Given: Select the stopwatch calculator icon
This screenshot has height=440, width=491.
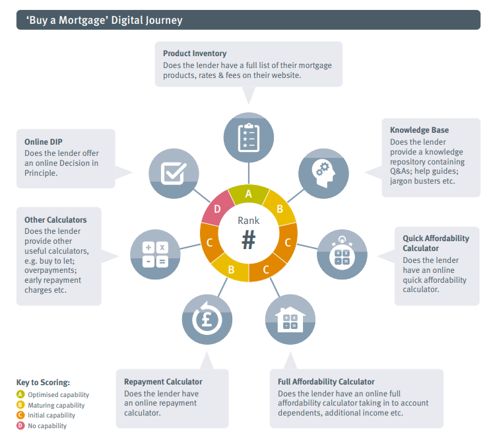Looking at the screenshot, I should [x=342, y=254].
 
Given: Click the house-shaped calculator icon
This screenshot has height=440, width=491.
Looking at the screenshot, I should [x=290, y=318].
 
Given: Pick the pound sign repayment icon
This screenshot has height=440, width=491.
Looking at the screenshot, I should [x=207, y=318].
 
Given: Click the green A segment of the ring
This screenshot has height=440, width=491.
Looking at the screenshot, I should [x=249, y=194].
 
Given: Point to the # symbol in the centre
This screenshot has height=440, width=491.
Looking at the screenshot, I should [x=248, y=240].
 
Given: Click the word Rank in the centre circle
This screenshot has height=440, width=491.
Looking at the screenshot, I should [x=249, y=221].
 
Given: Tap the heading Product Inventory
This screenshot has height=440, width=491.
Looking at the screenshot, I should [x=195, y=54].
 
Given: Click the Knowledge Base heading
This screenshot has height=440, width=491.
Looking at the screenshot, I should [x=419, y=130].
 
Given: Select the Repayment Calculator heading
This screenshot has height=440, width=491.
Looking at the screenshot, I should [x=163, y=382].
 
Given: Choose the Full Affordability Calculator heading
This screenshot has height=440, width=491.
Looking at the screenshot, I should [x=326, y=382].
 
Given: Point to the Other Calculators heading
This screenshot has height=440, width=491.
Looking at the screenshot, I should [x=55, y=220].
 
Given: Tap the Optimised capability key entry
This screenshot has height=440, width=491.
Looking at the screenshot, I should [x=57, y=395].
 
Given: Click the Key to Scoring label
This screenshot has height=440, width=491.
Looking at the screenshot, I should [x=43, y=383].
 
